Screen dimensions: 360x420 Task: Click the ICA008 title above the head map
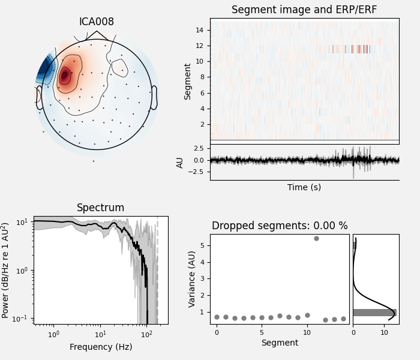tap(97, 22)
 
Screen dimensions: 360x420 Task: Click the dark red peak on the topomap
tap(64, 76)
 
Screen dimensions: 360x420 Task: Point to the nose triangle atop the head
tap(97, 35)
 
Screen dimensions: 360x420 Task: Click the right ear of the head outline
tap(154, 97)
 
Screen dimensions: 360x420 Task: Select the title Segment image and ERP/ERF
tap(304, 10)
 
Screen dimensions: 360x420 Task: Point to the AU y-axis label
tap(180, 162)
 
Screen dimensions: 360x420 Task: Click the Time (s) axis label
tap(304, 187)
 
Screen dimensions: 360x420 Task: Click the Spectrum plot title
tap(101, 208)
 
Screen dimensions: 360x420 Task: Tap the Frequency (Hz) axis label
tap(101, 347)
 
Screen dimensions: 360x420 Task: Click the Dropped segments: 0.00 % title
tap(280, 226)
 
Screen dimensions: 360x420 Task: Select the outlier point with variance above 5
tap(316, 238)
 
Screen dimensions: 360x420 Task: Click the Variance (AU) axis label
tap(192, 279)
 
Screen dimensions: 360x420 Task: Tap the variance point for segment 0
tap(217, 317)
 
